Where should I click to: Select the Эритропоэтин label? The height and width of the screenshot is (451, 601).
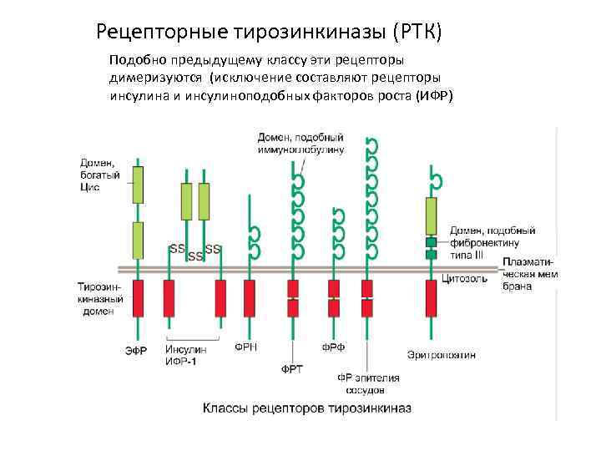point(442,354)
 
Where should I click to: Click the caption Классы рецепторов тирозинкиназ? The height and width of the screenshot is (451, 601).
point(306,408)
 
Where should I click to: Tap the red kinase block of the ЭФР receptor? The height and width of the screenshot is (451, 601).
point(139,298)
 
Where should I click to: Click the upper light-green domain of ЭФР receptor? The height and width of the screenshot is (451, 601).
point(138,185)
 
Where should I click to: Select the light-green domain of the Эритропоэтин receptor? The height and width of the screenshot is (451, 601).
point(432,216)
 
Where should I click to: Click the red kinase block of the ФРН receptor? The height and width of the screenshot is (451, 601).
point(249,298)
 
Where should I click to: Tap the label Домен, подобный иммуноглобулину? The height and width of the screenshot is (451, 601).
point(300,143)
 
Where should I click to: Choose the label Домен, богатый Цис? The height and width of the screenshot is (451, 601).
point(100,175)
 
